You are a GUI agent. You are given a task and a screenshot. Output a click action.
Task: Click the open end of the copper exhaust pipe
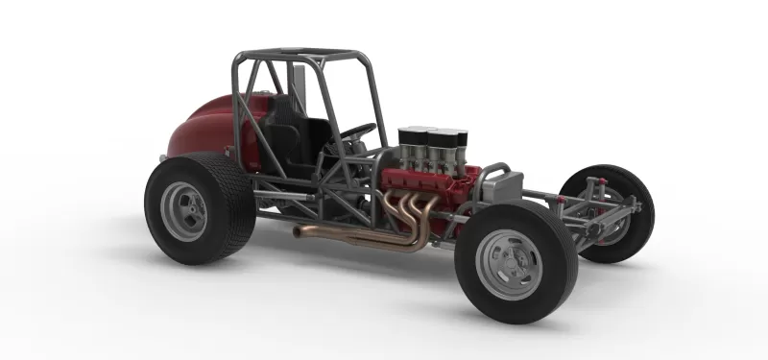click(x=298, y=231)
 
